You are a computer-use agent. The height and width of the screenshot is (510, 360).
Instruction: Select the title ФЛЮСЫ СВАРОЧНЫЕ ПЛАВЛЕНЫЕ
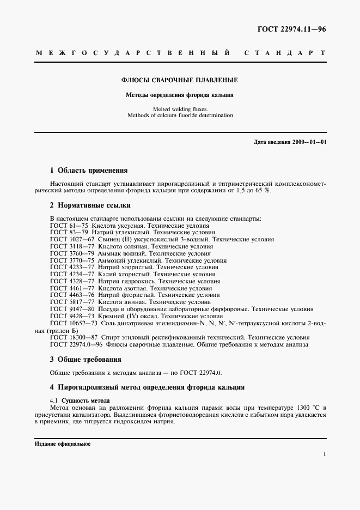(180, 80)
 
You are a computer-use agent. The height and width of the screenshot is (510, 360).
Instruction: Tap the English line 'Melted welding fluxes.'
(180, 108)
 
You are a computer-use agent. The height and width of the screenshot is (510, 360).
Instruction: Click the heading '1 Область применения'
(89, 170)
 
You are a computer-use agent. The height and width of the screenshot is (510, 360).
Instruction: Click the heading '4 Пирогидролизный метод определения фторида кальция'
(147, 387)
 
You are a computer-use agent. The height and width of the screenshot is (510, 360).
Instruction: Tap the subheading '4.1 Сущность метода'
(80, 400)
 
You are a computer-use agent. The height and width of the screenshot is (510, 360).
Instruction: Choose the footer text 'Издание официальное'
(62, 444)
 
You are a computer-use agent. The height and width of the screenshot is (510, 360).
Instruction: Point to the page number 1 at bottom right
(324, 453)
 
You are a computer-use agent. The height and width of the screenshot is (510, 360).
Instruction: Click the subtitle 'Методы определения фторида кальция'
(180, 95)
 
